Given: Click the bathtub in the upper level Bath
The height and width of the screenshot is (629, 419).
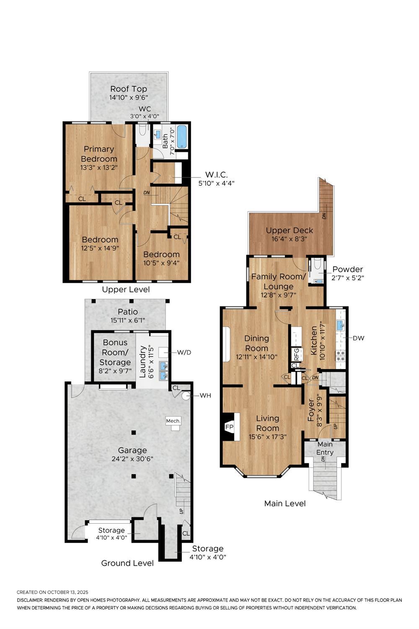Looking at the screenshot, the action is [182, 136].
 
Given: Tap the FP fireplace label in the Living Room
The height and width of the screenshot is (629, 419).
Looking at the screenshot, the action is [229, 427].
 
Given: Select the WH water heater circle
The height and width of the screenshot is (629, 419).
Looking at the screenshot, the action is [185, 396].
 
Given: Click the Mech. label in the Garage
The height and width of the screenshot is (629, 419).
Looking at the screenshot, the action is [173, 421].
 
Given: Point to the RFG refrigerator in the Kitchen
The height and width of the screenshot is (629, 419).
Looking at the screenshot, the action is [297, 354].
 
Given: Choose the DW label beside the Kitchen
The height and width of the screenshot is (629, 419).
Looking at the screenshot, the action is [358, 338].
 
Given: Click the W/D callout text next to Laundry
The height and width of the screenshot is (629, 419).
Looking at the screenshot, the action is [184, 352].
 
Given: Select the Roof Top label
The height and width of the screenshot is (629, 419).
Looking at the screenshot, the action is [129, 89].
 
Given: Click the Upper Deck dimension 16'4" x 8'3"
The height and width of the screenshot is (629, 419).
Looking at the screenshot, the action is [290, 239].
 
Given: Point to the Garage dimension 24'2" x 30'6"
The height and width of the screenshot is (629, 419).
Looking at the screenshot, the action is [132, 459].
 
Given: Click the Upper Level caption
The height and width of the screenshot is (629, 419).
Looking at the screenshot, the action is [126, 289].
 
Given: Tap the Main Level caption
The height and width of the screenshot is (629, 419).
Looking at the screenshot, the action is [285, 504].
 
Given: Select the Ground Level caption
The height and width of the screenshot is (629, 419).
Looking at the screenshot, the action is [127, 563].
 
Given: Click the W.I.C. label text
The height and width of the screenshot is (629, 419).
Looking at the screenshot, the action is [216, 175].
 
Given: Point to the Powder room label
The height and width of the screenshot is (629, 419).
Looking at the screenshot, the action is [348, 269].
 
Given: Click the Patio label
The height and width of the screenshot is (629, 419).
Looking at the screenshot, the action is [128, 312].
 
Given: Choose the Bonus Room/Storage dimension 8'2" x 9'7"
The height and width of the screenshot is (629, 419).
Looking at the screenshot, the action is [115, 371].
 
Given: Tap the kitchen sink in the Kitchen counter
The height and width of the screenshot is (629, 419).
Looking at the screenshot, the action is [340, 325].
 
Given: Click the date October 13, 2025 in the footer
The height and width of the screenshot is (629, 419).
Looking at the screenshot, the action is [67, 593].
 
